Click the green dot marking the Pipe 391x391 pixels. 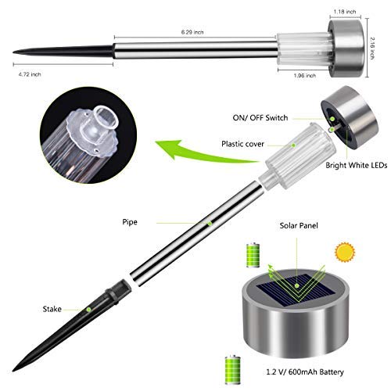coord(210,224)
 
